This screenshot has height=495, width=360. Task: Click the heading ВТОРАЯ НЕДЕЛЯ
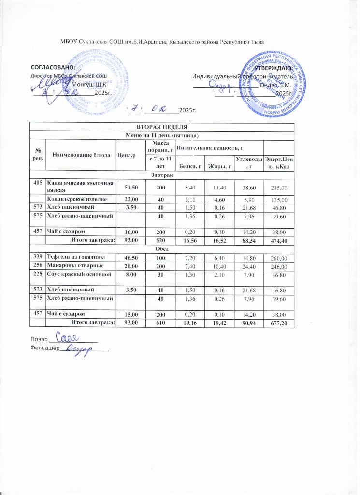pos(161,126)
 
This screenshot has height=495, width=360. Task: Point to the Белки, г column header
pos(187,167)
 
